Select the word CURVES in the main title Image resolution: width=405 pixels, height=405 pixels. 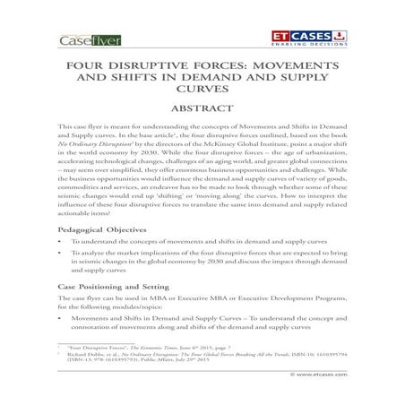click(x=202, y=90)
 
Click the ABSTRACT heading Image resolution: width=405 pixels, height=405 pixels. click(x=202, y=111)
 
